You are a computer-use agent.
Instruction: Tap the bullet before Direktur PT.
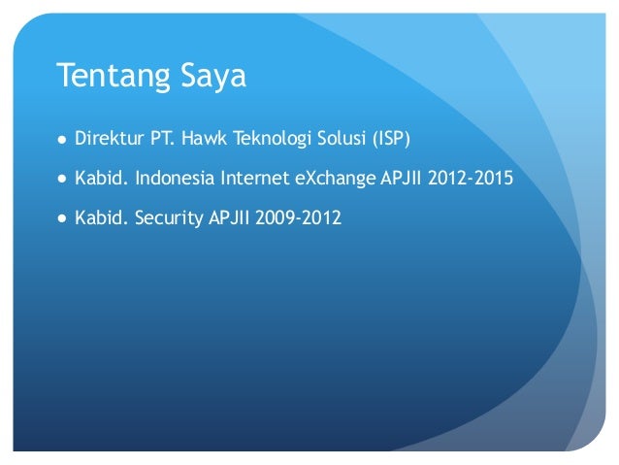[61, 139]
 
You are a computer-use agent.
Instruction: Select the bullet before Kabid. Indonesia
[61, 180]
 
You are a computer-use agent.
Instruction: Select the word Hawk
[201, 139]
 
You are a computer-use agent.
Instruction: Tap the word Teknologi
[268, 140]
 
